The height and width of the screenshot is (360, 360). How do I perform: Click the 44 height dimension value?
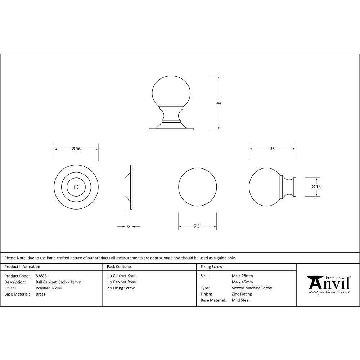coord(219,103)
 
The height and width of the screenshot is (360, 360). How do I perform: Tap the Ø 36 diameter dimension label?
coord(76,149)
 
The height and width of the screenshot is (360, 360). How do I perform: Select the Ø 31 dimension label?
coord(197,226)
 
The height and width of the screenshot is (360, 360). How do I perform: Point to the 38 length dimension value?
coord(273,149)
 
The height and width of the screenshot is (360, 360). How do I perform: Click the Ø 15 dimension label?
coord(316,186)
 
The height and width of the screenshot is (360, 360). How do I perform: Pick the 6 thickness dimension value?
coord(129,226)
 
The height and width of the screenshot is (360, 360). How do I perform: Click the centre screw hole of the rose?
coord(76,187)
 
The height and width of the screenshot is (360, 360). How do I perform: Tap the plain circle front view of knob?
coord(198,187)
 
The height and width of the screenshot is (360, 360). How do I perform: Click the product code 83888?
coord(41,276)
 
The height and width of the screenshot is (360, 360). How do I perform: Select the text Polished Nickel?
coord(49,288)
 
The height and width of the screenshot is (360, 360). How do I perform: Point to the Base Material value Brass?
coord(40,294)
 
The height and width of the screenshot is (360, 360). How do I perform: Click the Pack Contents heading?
coord(119,267)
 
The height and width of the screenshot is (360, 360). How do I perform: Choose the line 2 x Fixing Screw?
coord(121,288)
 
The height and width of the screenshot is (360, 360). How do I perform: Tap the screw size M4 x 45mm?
coord(242,282)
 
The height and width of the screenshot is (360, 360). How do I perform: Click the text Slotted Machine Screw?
coord(252,288)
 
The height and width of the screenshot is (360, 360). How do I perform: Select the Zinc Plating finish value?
coord(242,294)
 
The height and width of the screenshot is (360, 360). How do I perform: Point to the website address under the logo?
coord(329,292)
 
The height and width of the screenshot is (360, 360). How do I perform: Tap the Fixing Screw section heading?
coord(211,267)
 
